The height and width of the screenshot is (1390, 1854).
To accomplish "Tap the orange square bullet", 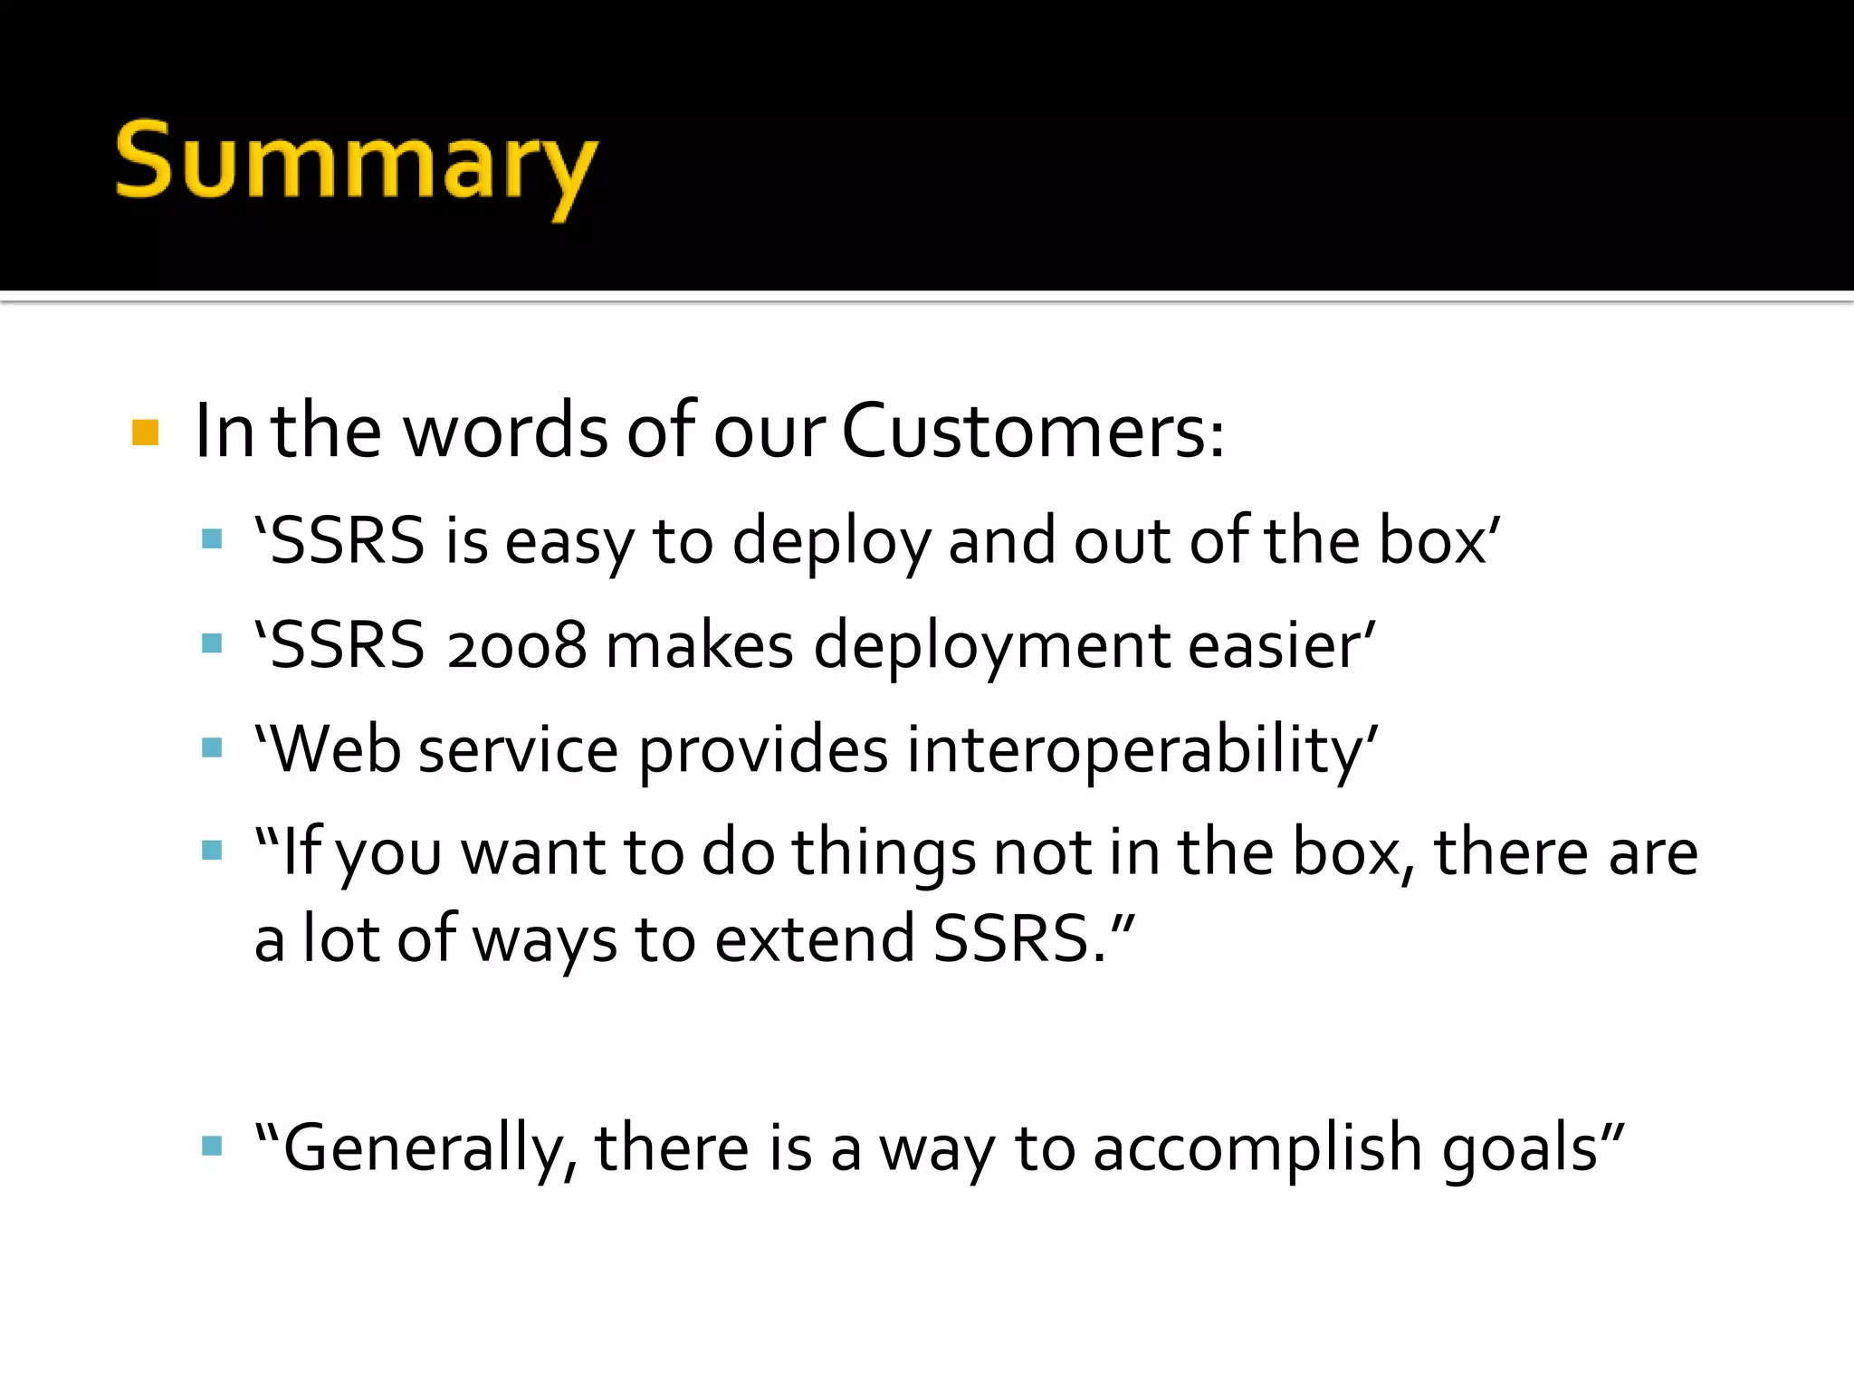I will pos(146,433).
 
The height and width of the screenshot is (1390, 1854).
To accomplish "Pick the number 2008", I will pos(516,646).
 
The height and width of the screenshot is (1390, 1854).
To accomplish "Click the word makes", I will pos(699,646).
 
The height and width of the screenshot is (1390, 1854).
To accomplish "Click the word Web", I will pos(335,750).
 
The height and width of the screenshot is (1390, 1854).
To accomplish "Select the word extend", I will pos(815,939).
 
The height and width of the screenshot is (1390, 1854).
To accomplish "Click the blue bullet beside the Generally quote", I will pos(213,1147).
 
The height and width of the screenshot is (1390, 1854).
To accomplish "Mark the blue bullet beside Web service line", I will pos(213,747).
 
